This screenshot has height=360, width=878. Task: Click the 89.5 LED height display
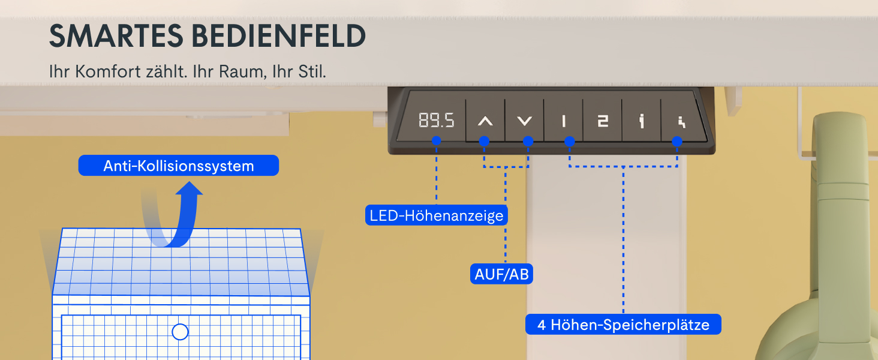pos(436,120)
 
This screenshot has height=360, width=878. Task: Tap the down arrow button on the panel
pos(524,121)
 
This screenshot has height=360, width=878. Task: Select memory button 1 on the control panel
pos(564,121)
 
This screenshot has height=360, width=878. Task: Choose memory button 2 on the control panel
pos(603,121)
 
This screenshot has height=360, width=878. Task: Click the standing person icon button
pos(641,121)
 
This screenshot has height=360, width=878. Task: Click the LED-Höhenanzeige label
pos(436,215)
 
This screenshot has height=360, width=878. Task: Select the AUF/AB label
pos(501,274)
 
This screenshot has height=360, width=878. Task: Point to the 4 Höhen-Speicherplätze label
pos(623,325)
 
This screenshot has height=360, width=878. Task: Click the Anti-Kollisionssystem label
pos(178,166)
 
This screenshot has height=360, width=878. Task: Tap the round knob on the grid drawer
pos(180,332)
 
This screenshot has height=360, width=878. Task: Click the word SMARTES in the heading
pos(116,36)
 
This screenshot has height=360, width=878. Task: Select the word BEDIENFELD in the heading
pos(279,36)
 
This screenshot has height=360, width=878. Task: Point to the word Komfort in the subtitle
pos(108,72)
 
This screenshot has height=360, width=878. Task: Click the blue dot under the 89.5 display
pos(436,140)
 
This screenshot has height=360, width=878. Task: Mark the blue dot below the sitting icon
pos(677,141)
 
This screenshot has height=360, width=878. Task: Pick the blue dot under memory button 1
pos(570,141)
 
